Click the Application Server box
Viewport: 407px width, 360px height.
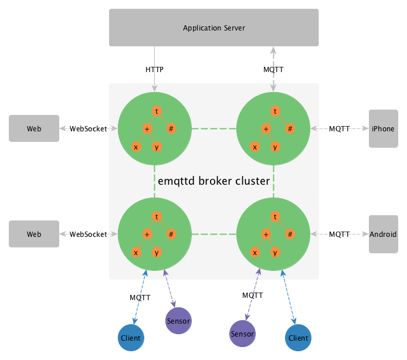click(x=213, y=28)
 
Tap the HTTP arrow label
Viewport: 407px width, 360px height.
click(x=154, y=70)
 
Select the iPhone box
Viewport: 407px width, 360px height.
click(x=383, y=128)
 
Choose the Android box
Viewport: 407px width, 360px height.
click(x=383, y=234)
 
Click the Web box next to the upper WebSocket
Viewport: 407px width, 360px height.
click(x=34, y=128)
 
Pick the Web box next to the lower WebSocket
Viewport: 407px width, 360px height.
click(x=34, y=234)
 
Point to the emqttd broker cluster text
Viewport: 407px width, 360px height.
click(x=213, y=181)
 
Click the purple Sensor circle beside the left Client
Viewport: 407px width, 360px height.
click(x=178, y=321)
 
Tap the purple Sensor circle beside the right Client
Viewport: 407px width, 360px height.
click(x=242, y=334)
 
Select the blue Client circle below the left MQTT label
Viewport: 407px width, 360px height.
click(x=131, y=338)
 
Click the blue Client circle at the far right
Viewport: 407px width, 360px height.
click(x=298, y=338)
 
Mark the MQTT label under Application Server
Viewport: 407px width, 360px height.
click(x=273, y=70)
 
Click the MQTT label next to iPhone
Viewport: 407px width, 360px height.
click(x=340, y=128)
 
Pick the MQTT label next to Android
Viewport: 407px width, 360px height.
click(x=340, y=234)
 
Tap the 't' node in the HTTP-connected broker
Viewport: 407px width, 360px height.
click(x=157, y=110)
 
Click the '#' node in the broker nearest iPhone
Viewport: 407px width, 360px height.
click(x=290, y=128)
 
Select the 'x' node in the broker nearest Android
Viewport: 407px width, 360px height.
click(x=255, y=253)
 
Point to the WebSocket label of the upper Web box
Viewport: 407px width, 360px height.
click(x=89, y=128)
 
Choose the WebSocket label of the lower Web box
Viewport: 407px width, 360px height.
click(x=89, y=234)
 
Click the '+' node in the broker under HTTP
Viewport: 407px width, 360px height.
click(x=147, y=128)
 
